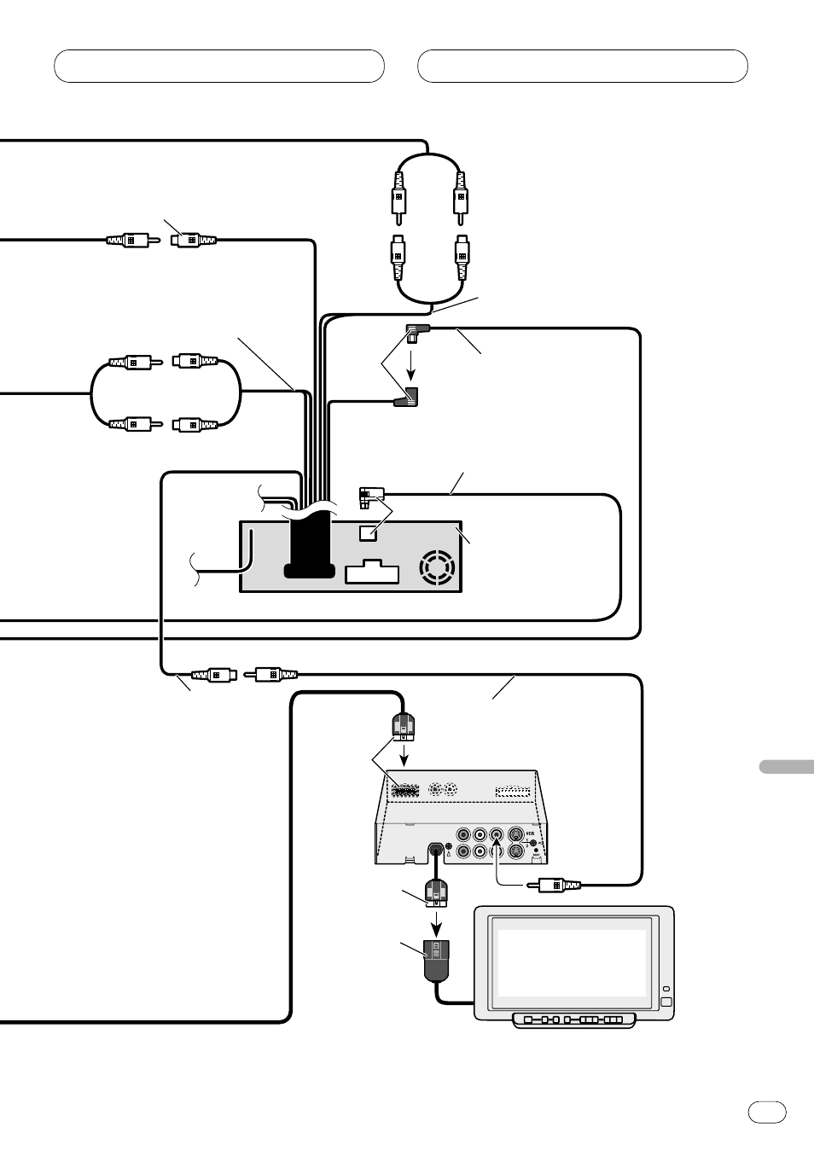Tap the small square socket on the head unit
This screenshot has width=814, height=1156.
369,532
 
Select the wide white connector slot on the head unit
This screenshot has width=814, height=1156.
372,572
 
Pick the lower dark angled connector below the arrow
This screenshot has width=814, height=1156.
407,397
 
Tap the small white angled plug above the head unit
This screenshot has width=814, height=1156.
371,494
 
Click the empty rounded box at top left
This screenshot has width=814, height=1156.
219,66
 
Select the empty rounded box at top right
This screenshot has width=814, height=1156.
583,66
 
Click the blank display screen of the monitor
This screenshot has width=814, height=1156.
572,963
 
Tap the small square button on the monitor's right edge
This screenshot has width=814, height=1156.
666,1002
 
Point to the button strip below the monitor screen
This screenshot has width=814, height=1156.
574,1020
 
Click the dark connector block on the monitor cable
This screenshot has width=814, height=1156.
436,959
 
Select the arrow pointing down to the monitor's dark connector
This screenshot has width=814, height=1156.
437,922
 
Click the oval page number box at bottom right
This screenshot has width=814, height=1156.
767,1112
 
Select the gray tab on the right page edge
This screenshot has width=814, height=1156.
785,765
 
